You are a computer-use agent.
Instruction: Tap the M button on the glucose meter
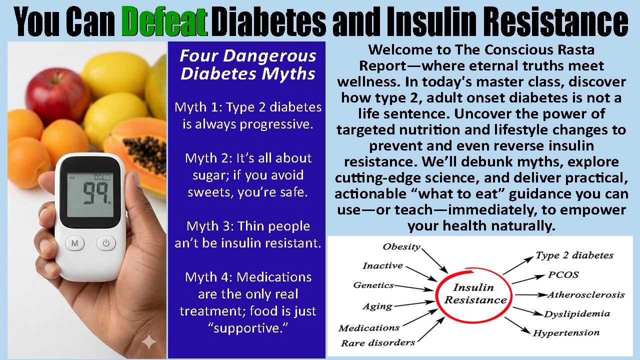tap(74, 243)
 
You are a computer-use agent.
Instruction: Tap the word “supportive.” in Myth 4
tap(247, 328)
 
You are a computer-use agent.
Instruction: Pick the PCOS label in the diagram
tap(563, 275)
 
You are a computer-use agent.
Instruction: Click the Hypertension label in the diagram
tap(566, 333)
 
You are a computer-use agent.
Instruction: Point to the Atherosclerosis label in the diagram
tap(585, 294)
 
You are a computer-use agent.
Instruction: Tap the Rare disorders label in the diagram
tap(378, 342)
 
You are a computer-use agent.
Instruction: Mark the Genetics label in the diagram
tap(373, 285)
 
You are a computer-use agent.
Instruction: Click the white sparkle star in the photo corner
tap(148, 342)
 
